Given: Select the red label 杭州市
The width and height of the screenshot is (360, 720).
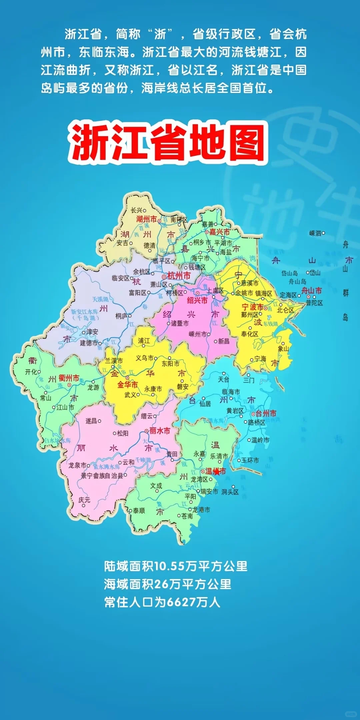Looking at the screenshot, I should [x=179, y=276].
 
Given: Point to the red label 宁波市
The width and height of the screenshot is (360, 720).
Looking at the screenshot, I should [x=252, y=307].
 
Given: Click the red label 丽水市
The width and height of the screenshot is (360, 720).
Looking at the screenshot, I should [x=160, y=431].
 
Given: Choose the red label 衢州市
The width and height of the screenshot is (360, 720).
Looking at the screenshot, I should [x=69, y=378].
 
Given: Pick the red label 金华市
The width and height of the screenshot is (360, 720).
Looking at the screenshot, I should [x=127, y=385].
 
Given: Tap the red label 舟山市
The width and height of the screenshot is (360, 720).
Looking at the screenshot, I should [x=312, y=290].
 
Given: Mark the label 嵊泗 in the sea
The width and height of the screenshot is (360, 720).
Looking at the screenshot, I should [x=315, y=233].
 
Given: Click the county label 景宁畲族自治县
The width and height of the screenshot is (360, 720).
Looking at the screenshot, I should [x=102, y=476].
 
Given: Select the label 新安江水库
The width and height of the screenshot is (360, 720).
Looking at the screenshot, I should [x=84, y=312].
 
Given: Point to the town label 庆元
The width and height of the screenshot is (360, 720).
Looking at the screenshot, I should [x=84, y=500].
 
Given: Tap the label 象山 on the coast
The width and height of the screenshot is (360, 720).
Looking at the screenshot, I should [x=283, y=349].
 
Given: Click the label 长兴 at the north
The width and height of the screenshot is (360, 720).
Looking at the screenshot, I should [x=137, y=210].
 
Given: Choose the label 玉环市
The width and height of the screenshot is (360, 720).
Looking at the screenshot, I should [x=250, y=460].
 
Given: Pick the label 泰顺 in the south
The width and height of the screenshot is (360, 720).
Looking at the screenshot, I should [x=139, y=511].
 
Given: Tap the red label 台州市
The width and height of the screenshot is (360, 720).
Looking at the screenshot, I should [x=266, y=413].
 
